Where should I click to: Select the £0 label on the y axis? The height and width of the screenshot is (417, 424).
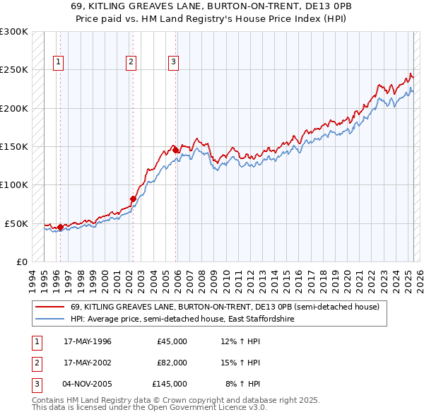pyautogui.click(x=21, y=262)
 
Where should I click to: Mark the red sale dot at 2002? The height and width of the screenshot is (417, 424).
pyautogui.click(x=132, y=199)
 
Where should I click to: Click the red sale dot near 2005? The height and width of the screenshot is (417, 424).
pyautogui.click(x=175, y=151)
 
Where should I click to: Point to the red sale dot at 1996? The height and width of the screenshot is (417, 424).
pyautogui.click(x=60, y=227)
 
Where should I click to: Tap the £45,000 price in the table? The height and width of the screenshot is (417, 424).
pyautogui.click(x=172, y=341)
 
